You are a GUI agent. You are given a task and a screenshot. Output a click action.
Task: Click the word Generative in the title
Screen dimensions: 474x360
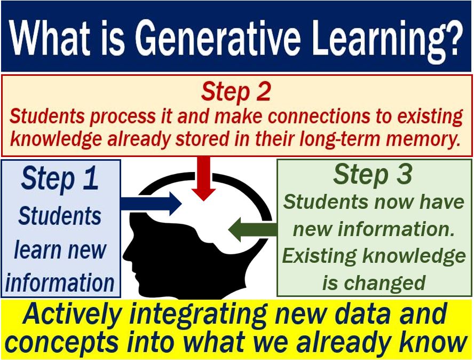(218, 38)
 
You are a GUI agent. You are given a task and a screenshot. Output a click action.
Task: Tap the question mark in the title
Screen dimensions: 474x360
(453, 37)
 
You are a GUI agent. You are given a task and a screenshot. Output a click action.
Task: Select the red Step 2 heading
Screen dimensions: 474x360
(236, 92)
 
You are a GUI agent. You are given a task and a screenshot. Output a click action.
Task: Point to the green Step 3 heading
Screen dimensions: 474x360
(373, 175)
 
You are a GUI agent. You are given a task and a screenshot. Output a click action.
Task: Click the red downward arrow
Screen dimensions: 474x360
(204, 178)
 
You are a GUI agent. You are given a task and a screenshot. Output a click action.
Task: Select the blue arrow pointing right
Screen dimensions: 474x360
(151, 204)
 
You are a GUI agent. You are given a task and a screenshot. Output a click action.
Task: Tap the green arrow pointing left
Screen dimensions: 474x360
(252, 230)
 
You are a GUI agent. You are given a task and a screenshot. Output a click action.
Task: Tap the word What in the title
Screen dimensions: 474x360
(49, 38)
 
